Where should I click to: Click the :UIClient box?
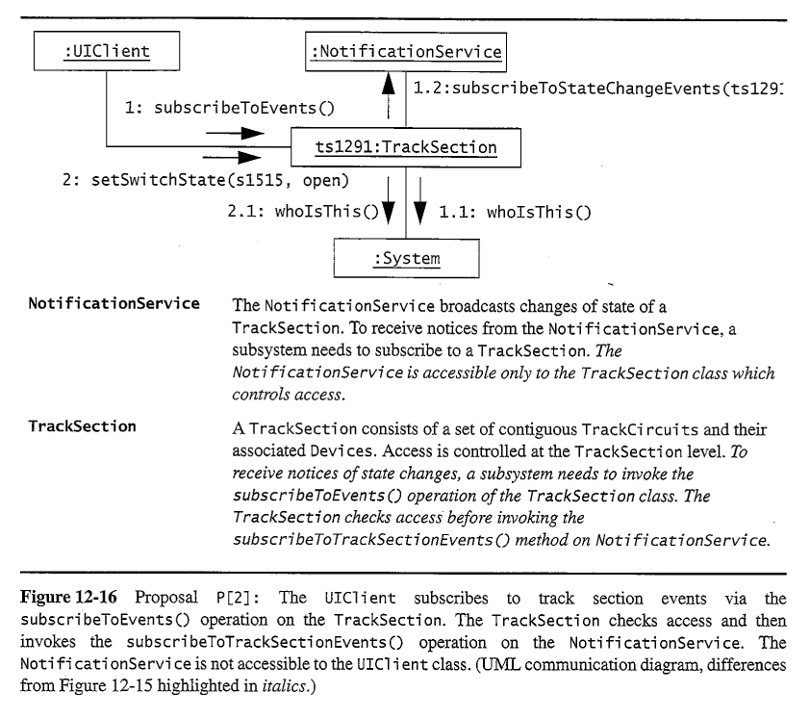106,51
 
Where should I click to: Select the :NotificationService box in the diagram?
406,51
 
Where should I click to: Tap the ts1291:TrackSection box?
406,147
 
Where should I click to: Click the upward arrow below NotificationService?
389,94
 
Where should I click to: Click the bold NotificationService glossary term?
114,304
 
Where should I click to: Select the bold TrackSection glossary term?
82,425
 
